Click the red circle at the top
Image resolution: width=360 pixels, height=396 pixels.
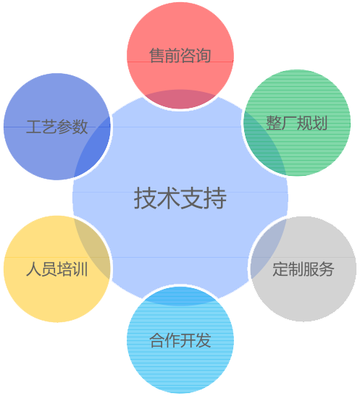pos(180,56)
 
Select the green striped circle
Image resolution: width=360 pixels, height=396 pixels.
pos(297,123)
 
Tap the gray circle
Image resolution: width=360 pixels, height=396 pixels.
pos(304,269)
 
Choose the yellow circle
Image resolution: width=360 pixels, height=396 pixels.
pos(57,269)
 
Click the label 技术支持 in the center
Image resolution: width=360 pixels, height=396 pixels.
pos(180,198)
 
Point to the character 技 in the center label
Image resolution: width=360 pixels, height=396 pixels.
pos(146,198)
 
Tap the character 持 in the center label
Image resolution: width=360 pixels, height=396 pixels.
pos(215,198)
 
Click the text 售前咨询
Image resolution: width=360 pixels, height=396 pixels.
pos(180,56)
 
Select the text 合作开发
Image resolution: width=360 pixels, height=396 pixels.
pos(180,340)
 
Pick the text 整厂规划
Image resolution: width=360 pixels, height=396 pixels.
pos(297,123)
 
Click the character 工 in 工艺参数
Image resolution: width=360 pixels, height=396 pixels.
pos(34,127)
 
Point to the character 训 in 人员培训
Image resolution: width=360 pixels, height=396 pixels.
pos(80,269)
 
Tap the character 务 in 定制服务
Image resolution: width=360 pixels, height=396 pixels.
pos(327,269)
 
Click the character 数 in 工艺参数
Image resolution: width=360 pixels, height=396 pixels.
pos(80,127)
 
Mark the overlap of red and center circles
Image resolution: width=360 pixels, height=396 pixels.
pos(180,99)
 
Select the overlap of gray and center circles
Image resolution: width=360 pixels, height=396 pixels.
pos(265,249)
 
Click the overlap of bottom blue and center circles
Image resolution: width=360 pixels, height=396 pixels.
pos(180,296)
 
